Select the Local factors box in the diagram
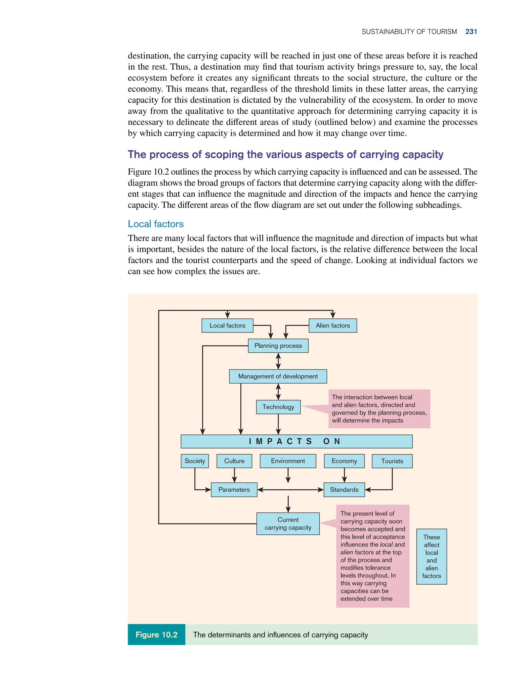click(227, 325)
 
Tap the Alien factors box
click(333, 325)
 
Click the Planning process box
click(278, 346)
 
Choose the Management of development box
click(278, 376)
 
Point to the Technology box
click(278, 407)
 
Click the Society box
click(195, 461)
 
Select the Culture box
click(234, 461)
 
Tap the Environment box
click(288, 461)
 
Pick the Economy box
click(344, 461)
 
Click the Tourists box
click(392, 461)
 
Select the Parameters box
click(234, 490)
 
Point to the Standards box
click(344, 490)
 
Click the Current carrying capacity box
click(288, 524)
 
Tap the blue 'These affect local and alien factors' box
click(431, 556)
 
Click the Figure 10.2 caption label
click(157, 635)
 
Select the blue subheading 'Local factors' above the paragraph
click(156, 224)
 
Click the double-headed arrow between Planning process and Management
click(278, 361)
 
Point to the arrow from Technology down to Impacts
click(278, 424)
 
